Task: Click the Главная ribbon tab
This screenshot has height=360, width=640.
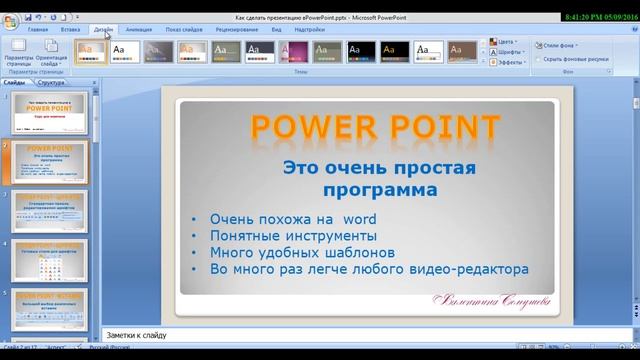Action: point(38,31)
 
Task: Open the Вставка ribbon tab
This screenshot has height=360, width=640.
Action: point(70,31)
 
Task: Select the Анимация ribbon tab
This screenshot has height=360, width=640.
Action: point(139,31)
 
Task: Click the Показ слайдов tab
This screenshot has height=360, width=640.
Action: point(187,31)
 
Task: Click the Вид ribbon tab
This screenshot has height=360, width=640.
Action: point(276,31)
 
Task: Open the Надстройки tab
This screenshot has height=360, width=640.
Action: point(307,31)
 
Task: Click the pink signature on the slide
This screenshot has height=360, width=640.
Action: point(495,299)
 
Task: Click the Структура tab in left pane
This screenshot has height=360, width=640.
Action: point(51,83)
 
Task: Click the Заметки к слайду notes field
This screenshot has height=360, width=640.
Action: point(300,336)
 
